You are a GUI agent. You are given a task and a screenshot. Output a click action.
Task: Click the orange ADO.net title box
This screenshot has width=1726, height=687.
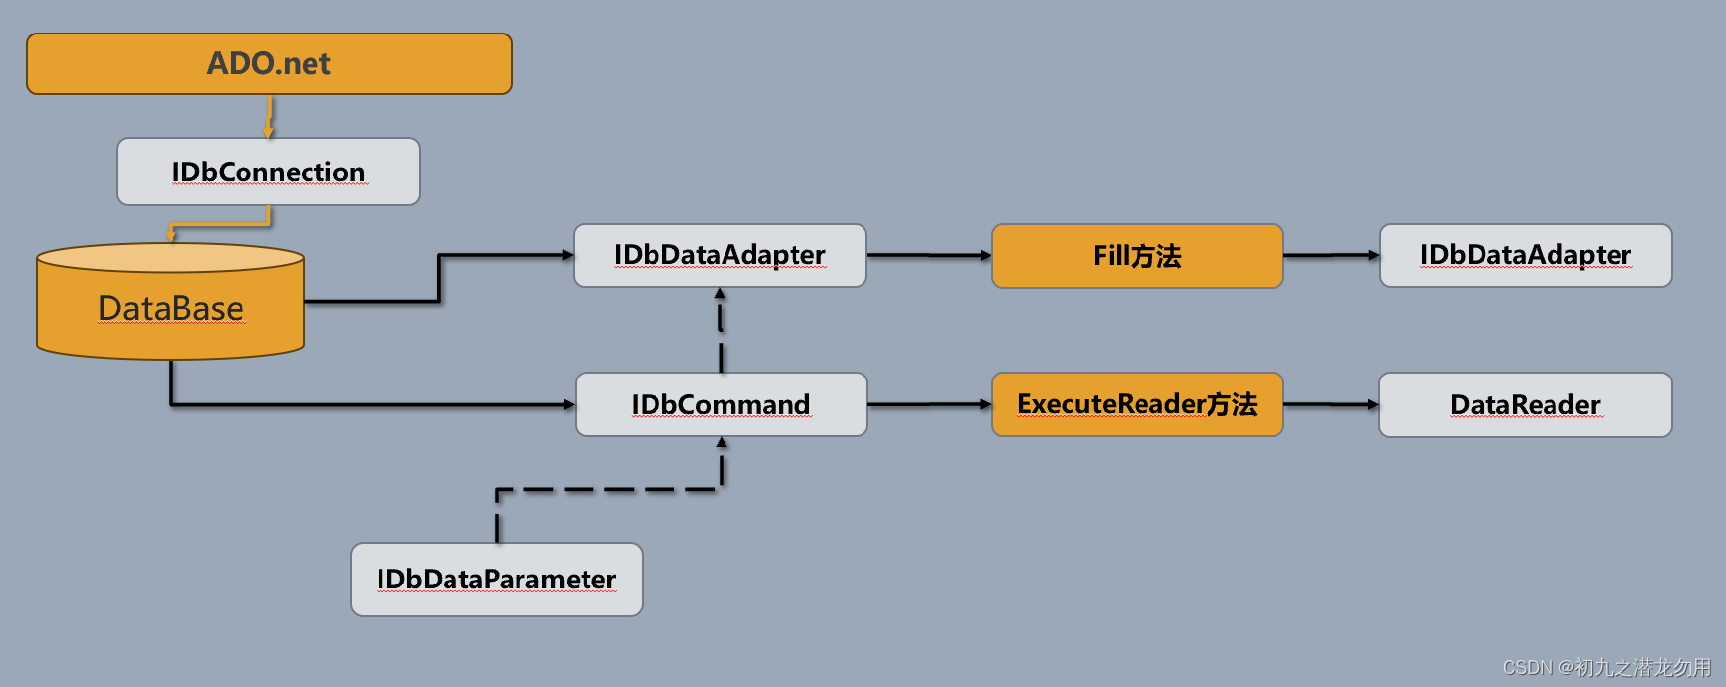(268, 64)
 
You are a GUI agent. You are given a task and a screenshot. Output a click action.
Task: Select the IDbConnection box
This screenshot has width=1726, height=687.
(268, 172)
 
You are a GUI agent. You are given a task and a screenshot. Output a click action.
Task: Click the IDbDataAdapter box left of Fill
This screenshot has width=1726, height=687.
(720, 255)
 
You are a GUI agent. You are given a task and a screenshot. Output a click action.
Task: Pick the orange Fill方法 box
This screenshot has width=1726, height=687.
(1137, 256)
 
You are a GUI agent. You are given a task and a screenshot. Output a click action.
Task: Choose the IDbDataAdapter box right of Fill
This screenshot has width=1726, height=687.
(1525, 255)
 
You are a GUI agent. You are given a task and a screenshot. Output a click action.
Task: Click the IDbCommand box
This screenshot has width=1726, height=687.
(721, 404)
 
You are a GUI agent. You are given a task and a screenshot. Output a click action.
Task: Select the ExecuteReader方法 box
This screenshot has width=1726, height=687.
(1137, 404)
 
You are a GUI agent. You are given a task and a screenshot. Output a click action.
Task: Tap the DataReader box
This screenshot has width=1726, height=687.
(1525, 404)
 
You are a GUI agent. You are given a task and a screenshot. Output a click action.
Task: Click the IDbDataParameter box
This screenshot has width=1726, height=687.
(496, 580)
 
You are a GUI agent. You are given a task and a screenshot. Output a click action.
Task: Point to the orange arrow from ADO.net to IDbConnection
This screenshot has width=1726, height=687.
(269, 116)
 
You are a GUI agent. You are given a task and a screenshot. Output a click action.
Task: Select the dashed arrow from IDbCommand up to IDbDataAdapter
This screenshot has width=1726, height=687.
(721, 330)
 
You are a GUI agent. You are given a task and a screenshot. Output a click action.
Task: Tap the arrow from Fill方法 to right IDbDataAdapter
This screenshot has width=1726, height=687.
(1331, 255)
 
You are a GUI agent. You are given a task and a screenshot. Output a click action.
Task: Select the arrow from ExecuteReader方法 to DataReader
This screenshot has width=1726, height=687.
(1331, 404)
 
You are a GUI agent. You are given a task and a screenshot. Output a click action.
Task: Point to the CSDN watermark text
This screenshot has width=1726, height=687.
(1607, 668)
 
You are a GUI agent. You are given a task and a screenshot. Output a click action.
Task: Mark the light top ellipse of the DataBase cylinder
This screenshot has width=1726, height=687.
(171, 258)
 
